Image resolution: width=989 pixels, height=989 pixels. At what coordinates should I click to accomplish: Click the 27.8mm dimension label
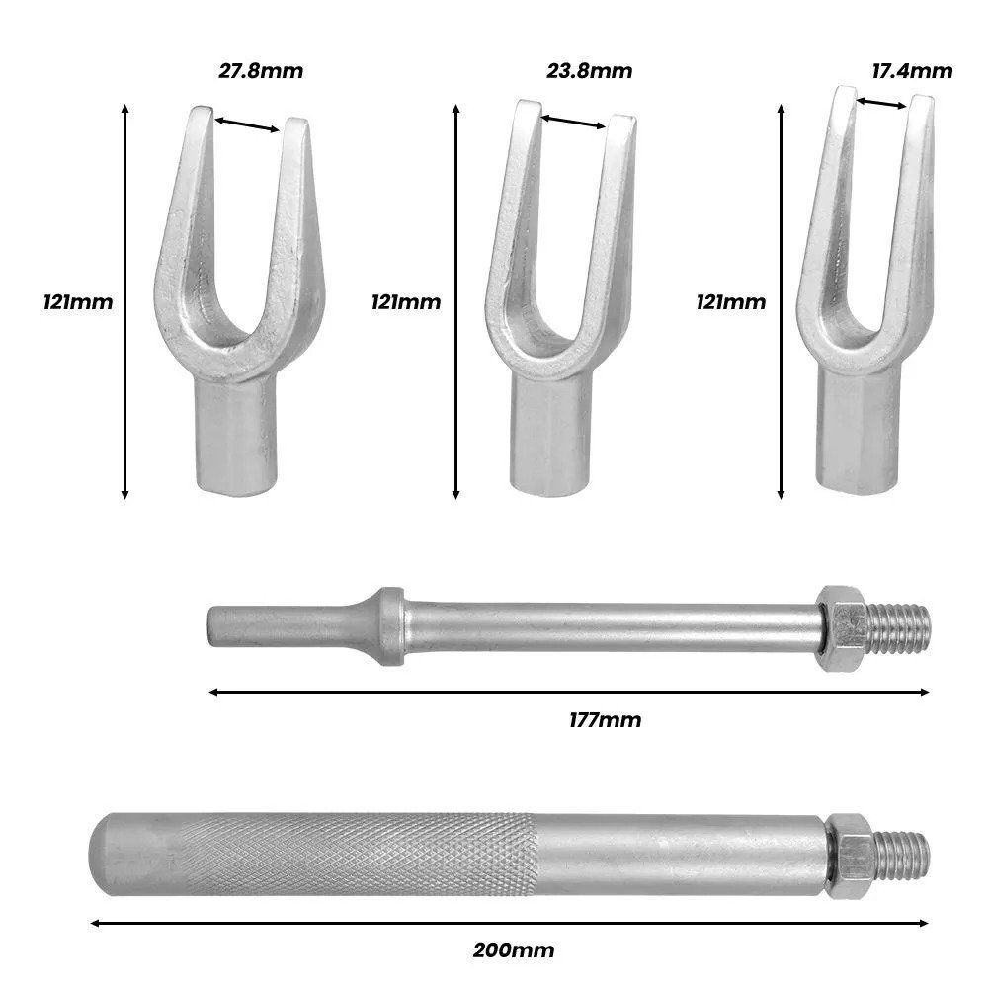[x=261, y=71]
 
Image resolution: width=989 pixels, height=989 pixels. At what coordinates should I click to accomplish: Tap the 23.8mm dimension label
[x=589, y=71]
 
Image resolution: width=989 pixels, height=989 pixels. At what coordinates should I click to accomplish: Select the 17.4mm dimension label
[x=912, y=71]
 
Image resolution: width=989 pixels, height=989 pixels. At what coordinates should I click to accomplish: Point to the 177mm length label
[x=605, y=719]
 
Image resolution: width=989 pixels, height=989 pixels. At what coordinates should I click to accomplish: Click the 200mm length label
[x=514, y=949]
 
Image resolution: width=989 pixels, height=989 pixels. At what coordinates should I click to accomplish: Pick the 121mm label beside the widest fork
[x=78, y=302]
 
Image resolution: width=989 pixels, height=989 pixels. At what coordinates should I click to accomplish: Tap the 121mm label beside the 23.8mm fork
[x=405, y=302]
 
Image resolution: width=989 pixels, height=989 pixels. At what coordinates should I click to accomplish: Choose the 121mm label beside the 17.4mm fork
[x=731, y=302]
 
